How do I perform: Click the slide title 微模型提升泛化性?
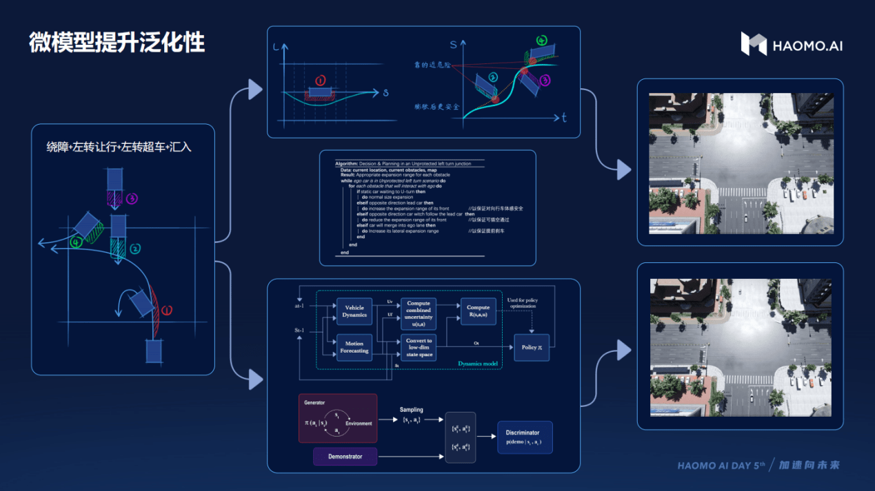coord(117,42)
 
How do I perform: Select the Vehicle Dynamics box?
coord(354,311)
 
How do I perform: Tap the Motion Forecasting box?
coord(354,346)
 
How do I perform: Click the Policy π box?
coord(532,347)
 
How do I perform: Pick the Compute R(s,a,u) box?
coord(478,311)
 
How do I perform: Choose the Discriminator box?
coord(525,437)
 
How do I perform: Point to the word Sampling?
coord(412,410)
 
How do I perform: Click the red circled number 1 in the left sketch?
coord(166,310)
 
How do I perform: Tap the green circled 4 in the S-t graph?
coord(541,41)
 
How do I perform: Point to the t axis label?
coord(564,118)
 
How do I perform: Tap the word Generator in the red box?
coord(314,402)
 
